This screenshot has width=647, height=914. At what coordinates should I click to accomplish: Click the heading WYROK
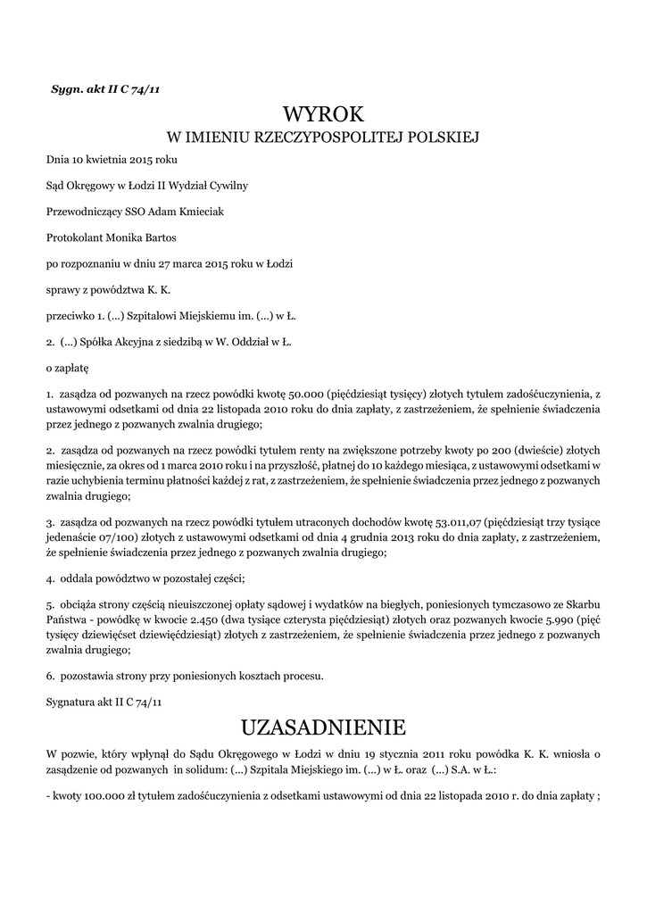(323, 113)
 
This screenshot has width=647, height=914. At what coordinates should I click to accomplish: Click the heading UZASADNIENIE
(323, 723)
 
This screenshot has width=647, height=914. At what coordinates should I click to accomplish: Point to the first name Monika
(131, 237)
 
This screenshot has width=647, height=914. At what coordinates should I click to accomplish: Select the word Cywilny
(228, 186)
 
